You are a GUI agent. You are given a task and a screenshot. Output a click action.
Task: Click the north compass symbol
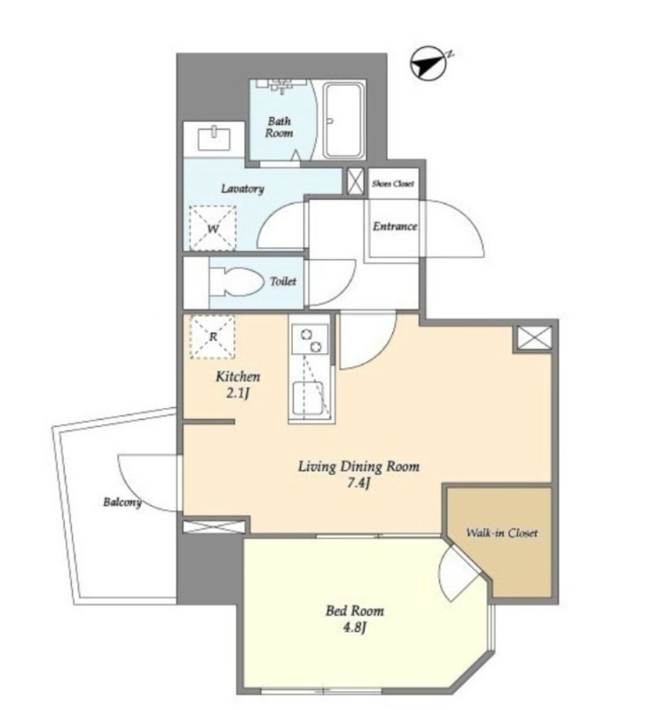click(429, 63)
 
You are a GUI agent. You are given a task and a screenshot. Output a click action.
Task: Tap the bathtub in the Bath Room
click(344, 121)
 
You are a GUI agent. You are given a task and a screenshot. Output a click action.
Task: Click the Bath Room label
click(279, 127)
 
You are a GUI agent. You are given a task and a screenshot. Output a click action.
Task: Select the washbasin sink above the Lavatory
click(214, 139)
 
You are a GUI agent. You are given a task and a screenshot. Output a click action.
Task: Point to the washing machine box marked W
click(213, 228)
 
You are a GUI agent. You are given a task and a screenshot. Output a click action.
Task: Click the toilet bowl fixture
click(236, 281)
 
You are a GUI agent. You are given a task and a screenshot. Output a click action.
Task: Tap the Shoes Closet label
click(393, 184)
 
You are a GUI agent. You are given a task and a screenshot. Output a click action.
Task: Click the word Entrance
click(395, 226)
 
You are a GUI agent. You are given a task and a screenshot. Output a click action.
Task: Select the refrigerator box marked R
click(212, 337)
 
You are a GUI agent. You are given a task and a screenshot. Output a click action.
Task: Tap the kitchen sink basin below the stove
click(308, 398)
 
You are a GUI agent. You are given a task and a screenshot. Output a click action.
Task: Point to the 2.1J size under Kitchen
click(238, 393)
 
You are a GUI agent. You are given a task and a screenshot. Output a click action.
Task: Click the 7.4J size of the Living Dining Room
click(359, 484)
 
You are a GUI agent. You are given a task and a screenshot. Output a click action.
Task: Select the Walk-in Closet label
click(501, 533)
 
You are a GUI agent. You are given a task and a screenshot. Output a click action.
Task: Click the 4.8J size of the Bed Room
click(355, 627)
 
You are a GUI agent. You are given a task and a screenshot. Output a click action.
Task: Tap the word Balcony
click(122, 501)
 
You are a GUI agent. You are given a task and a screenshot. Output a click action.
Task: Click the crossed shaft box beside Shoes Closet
click(356, 182)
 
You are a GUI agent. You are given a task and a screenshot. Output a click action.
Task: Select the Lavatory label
click(242, 189)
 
